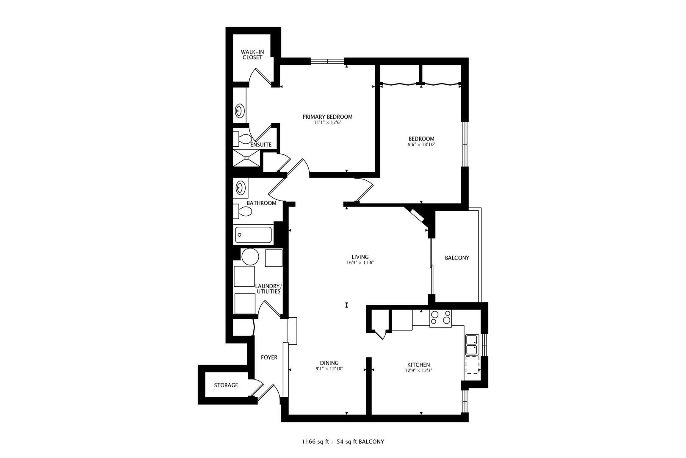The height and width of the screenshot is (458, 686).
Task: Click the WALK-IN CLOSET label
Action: tap(252, 55)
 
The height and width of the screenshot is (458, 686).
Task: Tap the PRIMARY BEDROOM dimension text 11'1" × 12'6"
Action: tap(327, 123)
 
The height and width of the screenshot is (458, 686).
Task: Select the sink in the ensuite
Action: tap(239, 111)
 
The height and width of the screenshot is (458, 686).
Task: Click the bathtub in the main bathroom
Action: tap(253, 235)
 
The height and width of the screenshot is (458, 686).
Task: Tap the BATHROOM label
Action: tap(261, 203)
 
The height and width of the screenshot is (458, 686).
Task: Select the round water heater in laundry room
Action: tap(250, 257)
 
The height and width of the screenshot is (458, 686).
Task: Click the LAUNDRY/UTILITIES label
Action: tap(268, 289)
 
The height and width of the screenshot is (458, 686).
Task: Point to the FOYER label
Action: tap(269, 357)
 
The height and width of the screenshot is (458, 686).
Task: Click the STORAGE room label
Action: tap(226, 385)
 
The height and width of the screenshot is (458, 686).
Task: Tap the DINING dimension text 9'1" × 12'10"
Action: tap(329, 369)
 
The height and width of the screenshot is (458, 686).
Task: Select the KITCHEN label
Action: tap(418, 365)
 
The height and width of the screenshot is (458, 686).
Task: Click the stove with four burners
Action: tap(440, 318)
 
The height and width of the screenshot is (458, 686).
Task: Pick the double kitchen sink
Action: tap(472, 345)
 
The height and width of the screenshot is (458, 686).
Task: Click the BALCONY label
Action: tap(457, 258)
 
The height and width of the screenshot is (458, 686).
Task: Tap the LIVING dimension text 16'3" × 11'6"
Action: tap(360, 263)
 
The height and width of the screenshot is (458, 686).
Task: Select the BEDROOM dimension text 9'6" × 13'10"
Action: tap(421, 145)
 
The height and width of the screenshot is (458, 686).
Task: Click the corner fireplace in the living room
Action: tap(418, 215)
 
